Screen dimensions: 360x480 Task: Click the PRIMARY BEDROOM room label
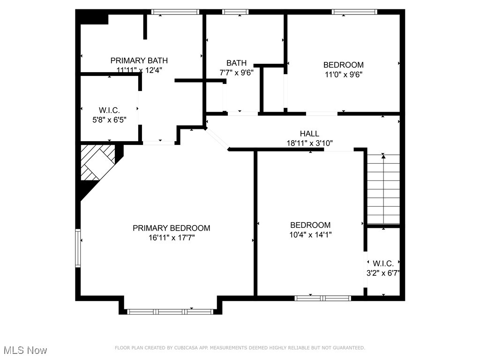(x=171, y=228)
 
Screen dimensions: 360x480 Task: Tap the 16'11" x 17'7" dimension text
(x=171, y=238)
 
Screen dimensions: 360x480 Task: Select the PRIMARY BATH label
(x=139, y=60)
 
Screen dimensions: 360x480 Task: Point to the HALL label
(x=309, y=134)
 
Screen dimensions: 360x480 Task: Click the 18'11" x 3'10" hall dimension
(x=309, y=143)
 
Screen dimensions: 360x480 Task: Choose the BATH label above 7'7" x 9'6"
(x=236, y=63)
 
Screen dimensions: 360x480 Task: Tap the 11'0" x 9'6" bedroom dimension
(x=343, y=74)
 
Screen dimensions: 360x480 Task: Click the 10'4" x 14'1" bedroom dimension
(x=310, y=235)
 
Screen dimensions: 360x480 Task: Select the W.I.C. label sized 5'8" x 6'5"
(x=109, y=110)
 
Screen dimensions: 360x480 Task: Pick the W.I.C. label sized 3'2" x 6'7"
(x=383, y=263)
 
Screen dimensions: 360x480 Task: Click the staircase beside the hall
(x=383, y=189)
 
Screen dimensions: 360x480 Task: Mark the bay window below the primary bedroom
(x=171, y=311)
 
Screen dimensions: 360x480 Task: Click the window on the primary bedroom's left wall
(x=78, y=248)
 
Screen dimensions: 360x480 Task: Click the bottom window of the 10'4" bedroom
(x=322, y=298)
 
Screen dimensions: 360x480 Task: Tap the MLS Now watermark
(x=25, y=350)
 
